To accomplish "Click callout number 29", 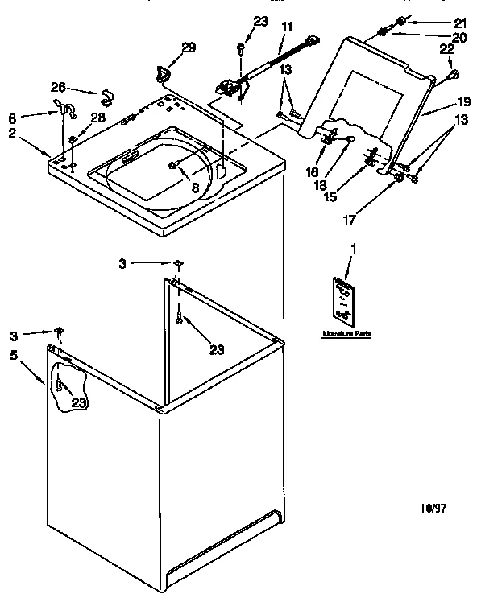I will pos(188,48).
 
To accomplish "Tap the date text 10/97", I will pos(433,508).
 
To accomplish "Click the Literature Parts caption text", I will pos(346,332).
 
